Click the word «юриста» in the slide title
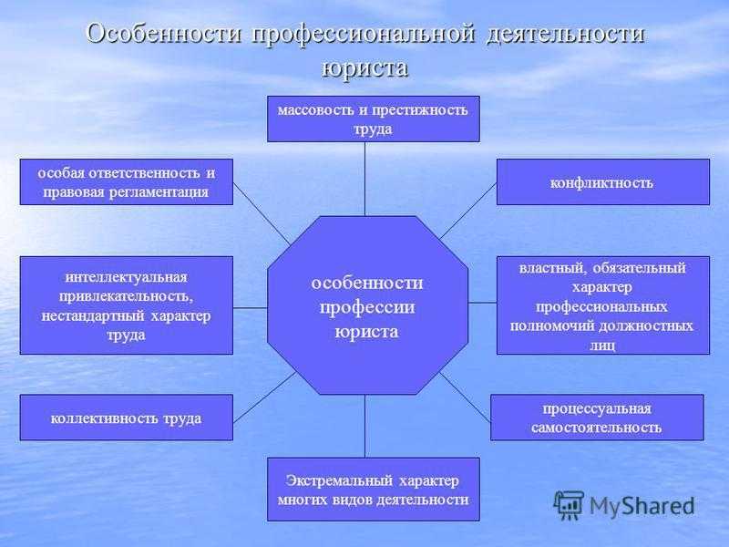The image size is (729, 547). [x=364, y=67]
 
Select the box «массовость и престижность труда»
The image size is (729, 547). [x=374, y=119]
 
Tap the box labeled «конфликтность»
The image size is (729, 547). [x=603, y=181]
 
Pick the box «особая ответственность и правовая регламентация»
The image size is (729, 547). [x=126, y=181]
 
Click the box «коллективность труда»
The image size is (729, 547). [x=126, y=418]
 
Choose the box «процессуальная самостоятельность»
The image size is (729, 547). [x=597, y=418]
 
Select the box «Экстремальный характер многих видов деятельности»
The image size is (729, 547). [x=374, y=490]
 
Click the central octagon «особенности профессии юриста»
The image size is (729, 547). [x=367, y=305]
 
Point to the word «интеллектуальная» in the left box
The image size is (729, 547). [x=126, y=277]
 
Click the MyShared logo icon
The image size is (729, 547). [x=569, y=506]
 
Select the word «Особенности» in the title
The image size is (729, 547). [x=165, y=35]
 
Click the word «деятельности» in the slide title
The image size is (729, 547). [x=565, y=35]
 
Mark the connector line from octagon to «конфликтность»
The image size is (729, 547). [x=467, y=211]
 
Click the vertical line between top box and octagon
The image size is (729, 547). [x=365, y=179]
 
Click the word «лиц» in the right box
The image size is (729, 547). [x=602, y=346]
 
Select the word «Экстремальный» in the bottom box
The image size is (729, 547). [x=339, y=480]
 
